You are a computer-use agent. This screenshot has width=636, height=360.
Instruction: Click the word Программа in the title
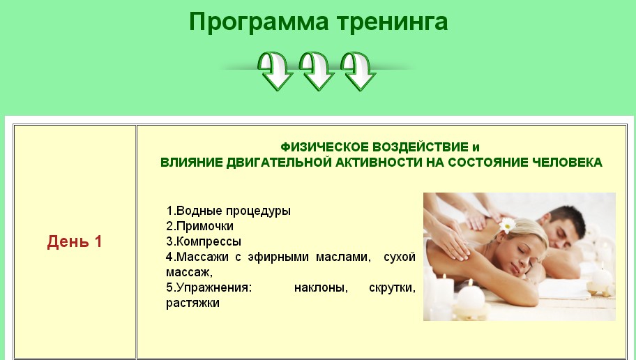(259, 22)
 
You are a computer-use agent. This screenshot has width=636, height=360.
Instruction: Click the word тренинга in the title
(393, 22)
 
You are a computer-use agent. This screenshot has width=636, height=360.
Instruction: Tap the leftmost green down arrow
(276, 70)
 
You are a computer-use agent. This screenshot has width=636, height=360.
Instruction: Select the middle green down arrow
(317, 70)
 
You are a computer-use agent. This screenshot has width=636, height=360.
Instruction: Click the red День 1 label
(75, 242)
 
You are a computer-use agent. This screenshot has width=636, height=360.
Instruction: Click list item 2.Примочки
(199, 226)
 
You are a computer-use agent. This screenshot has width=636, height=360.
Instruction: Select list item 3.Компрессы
(204, 241)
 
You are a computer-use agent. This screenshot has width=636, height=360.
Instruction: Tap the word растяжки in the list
(192, 303)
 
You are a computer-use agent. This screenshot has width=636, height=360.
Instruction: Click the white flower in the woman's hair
(507, 225)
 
